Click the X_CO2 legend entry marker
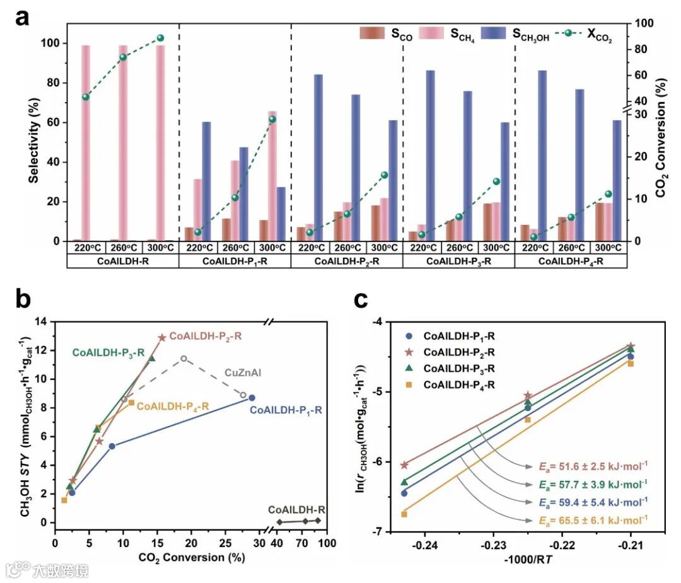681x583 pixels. coord(568,33)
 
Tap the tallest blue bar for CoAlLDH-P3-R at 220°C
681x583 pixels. coord(430,156)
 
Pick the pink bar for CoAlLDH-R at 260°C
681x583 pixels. coord(123,143)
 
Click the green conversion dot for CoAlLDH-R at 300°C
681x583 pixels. coord(160,38)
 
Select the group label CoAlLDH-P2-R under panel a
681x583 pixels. coord(346,260)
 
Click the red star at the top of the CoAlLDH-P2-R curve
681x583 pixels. coord(161,338)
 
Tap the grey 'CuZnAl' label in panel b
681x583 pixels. coord(243,373)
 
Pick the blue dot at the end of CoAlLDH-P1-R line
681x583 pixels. coord(252,398)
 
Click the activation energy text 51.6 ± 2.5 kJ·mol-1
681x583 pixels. coord(592,467)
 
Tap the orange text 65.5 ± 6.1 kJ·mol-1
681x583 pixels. coord(592,520)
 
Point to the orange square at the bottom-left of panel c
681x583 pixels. coord(404,514)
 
